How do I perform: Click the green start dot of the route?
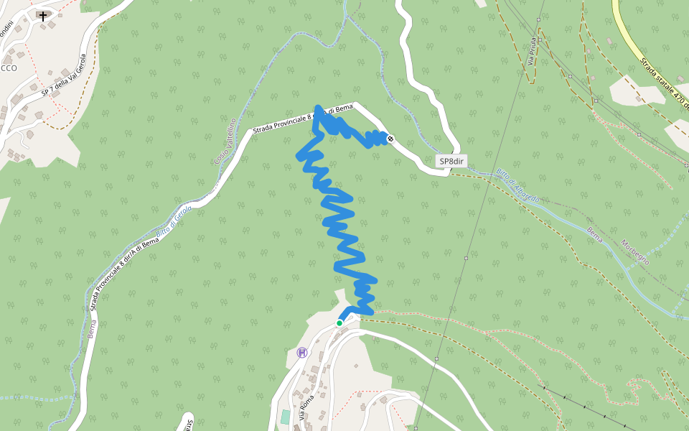tap(339, 323)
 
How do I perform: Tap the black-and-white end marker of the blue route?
tap(390, 139)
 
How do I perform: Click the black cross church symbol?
tap(43, 15)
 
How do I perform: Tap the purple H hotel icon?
tap(302, 352)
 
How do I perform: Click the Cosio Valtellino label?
tap(225, 141)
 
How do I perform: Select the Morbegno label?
tap(635, 252)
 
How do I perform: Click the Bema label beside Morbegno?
tap(595, 234)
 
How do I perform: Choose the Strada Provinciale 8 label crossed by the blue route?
tap(302, 119)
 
